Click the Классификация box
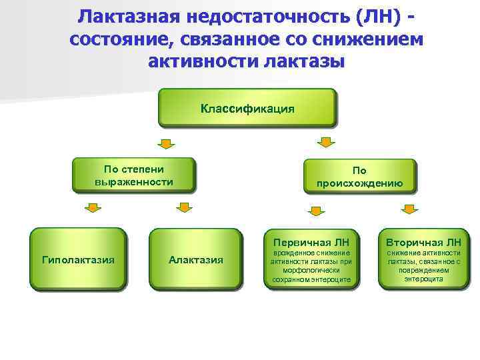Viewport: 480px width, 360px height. (247, 108)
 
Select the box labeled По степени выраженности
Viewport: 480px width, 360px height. (134, 175)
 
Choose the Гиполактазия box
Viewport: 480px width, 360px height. (78, 259)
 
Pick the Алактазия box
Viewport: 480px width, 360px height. (195, 259)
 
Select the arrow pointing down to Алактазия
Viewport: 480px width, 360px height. (183, 209)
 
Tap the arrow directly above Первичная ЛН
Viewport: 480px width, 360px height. (315, 211)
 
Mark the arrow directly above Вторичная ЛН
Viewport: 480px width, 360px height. (409, 211)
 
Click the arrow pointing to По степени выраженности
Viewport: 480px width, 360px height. (166, 143)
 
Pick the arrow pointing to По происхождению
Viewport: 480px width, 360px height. (325, 142)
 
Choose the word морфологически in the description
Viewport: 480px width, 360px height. (311, 271)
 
